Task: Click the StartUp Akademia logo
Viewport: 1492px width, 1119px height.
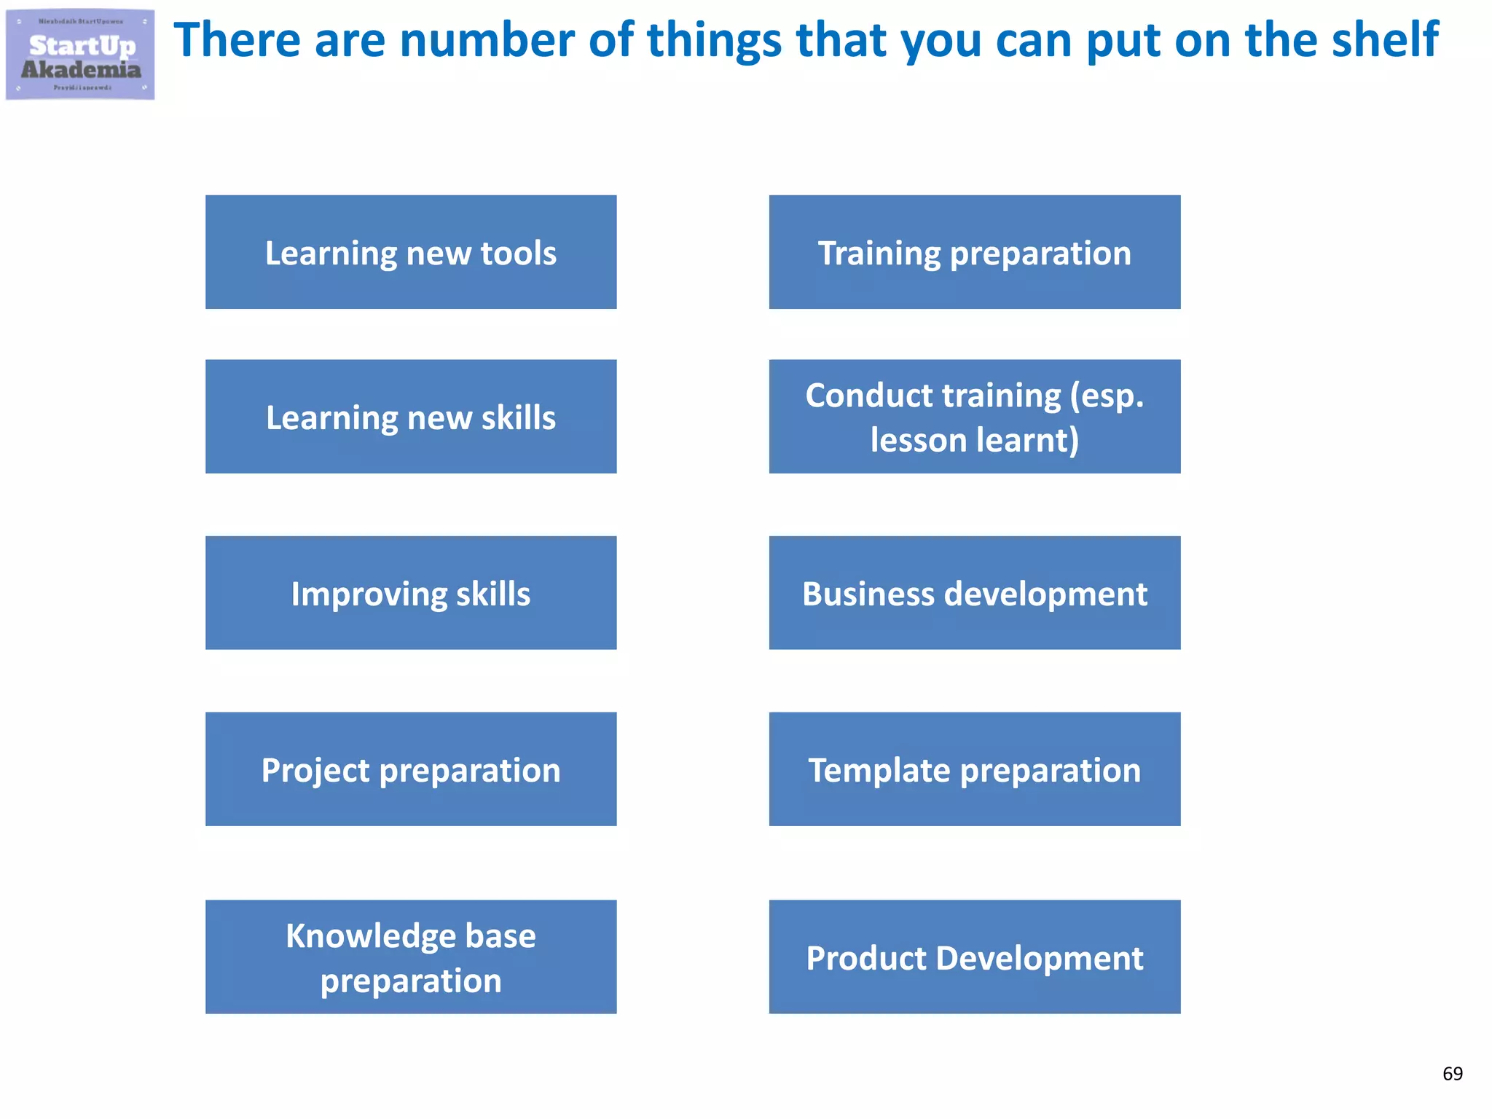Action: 80,55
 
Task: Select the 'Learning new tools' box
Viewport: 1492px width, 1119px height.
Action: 411,252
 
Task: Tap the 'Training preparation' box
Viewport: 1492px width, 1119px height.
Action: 974,252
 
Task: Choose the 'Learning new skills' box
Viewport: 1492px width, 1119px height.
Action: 411,417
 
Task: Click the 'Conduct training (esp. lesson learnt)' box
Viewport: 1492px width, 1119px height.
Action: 974,417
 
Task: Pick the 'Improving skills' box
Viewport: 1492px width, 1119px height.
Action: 411,593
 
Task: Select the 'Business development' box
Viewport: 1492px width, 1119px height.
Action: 974,593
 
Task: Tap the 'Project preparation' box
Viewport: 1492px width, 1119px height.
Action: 411,769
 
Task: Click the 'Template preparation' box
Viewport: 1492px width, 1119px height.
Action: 974,769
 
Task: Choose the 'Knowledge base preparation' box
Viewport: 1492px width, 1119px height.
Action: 411,957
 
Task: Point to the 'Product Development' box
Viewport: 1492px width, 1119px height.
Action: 974,957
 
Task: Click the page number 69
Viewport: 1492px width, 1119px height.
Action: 1452,1073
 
